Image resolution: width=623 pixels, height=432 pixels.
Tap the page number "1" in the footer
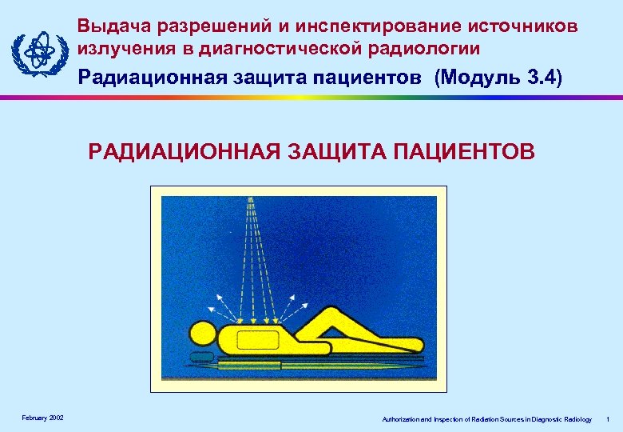click(x=608, y=419)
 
